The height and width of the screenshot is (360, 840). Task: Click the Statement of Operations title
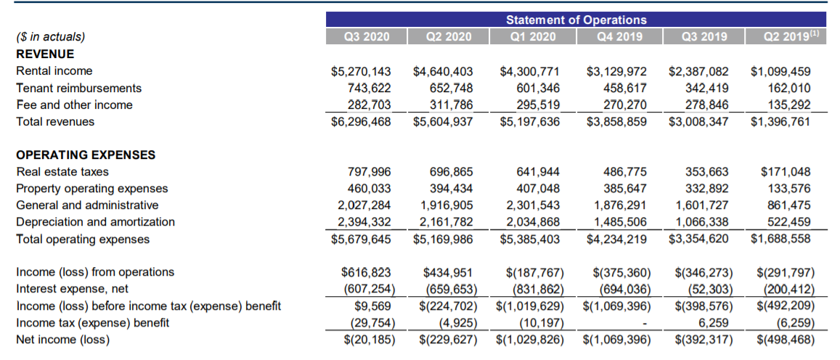(x=576, y=20)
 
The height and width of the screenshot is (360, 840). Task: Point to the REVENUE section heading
(x=45, y=54)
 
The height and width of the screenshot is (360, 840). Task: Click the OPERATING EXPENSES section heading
(x=86, y=155)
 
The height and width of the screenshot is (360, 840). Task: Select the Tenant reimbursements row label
(x=78, y=88)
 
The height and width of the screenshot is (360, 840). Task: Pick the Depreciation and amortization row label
(x=95, y=222)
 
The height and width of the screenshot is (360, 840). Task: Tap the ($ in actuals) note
(x=50, y=37)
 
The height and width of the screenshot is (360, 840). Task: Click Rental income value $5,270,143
(x=361, y=71)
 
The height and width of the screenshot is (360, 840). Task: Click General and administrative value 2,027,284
(x=364, y=205)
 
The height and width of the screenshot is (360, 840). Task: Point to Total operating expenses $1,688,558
(x=781, y=239)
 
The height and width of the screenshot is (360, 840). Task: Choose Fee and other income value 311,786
(x=451, y=105)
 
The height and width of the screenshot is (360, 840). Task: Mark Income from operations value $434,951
(x=448, y=272)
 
